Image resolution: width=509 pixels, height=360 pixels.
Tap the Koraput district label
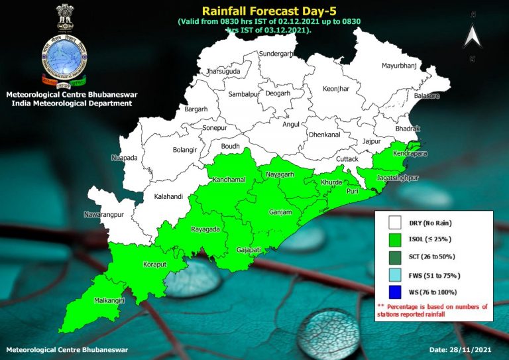pyautogui.click(x=155, y=265)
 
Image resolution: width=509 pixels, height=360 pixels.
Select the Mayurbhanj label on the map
pyautogui.click(x=400, y=66)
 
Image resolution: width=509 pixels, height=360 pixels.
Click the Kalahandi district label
pyautogui.click(x=168, y=197)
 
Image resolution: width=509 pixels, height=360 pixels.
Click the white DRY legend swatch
pyautogui.click(x=396, y=223)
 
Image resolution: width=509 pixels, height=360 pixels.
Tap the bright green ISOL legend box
pyautogui.click(x=396, y=239)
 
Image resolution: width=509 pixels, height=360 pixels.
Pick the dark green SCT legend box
pyautogui.click(x=396, y=257)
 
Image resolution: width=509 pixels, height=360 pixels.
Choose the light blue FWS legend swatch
pyautogui.click(x=396, y=274)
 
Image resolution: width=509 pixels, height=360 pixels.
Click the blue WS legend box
pyautogui.click(x=396, y=292)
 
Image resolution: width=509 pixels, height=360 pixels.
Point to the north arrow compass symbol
pyautogui.click(x=472, y=36)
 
